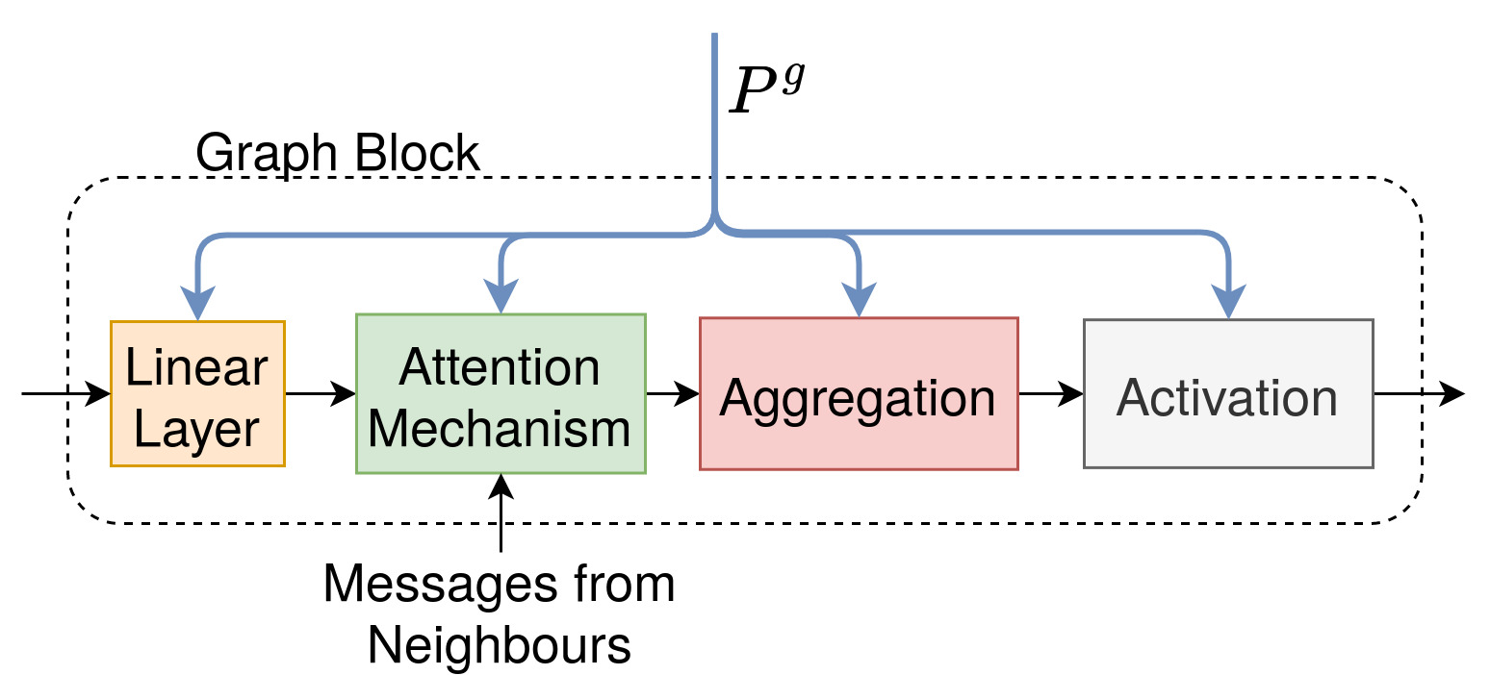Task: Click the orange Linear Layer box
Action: (x=197, y=393)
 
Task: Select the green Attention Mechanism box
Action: (x=501, y=393)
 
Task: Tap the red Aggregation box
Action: (x=858, y=393)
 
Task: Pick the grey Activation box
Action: (x=1227, y=393)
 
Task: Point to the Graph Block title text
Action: (x=337, y=153)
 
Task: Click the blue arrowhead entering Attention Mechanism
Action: (x=501, y=299)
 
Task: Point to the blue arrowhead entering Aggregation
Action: (x=859, y=302)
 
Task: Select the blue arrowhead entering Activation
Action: (x=1227, y=304)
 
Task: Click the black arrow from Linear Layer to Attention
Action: (x=321, y=393)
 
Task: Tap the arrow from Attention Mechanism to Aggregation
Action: (x=673, y=393)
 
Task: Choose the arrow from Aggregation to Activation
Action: (x=1051, y=393)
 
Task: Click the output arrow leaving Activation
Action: (x=1420, y=393)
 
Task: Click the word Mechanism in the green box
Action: (x=500, y=428)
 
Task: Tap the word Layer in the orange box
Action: (x=197, y=430)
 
